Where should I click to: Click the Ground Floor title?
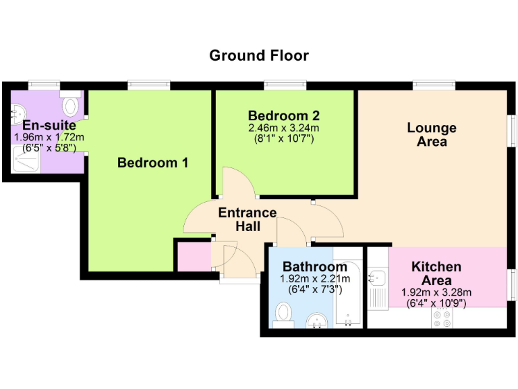coord(259,55)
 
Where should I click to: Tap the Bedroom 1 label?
coord(152,163)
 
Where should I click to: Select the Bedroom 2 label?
coord(283,115)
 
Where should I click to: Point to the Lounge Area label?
coord(432,134)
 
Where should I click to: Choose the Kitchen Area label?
coord(436,274)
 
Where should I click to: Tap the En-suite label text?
coord(49,126)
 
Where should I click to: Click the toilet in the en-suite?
coord(70,106)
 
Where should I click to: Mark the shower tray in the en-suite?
coord(27,159)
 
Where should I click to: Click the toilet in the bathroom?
coord(284,314)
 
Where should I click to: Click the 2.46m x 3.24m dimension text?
coord(283,128)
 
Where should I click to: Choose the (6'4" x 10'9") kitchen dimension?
coord(436,303)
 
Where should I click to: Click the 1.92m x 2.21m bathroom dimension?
coord(315,279)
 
